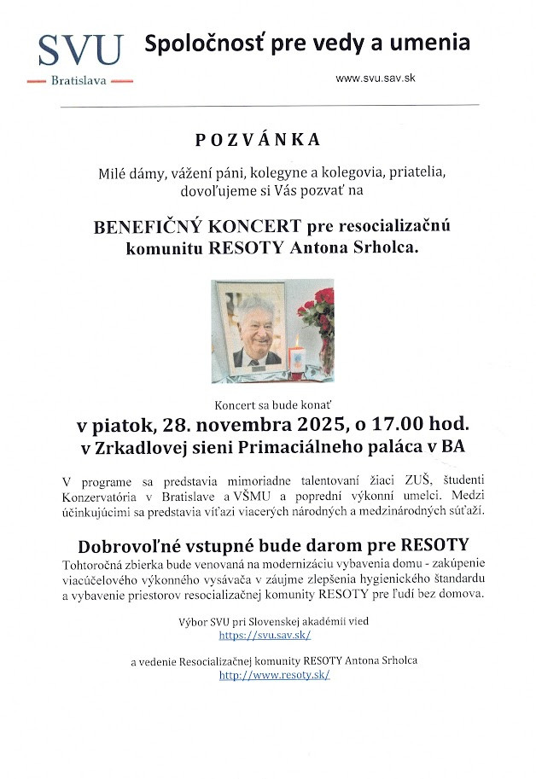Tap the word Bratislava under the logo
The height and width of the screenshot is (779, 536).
point(80,82)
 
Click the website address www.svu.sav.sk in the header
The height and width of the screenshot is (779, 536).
point(376,78)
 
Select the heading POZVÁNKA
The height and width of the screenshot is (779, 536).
point(269,139)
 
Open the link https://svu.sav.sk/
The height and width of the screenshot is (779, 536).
point(265,636)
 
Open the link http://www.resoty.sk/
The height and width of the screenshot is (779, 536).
point(274,675)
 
